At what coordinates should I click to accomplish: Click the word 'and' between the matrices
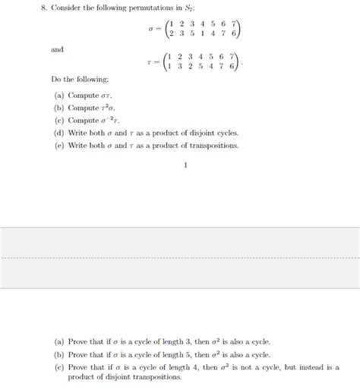click(x=57, y=49)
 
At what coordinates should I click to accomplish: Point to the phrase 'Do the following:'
click(x=80, y=80)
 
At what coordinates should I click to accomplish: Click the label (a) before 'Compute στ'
click(x=59, y=96)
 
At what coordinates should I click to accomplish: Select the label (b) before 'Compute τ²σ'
click(x=59, y=108)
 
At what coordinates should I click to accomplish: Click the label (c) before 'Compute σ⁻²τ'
click(x=59, y=120)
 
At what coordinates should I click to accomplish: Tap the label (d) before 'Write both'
click(x=59, y=132)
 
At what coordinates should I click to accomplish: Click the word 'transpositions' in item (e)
click(x=215, y=145)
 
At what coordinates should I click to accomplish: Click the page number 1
click(x=185, y=164)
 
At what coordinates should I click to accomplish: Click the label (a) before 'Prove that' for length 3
click(x=59, y=341)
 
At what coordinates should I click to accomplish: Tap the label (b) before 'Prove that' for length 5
click(x=59, y=354)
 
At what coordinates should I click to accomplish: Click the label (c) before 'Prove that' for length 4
click(x=59, y=366)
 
